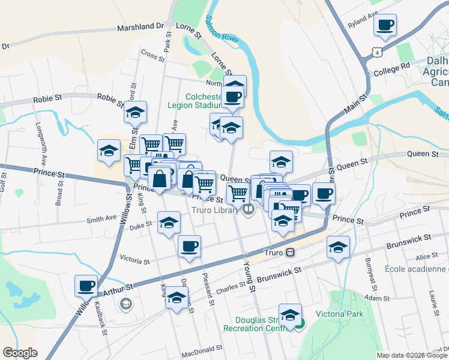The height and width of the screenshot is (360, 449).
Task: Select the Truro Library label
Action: coord(215,210)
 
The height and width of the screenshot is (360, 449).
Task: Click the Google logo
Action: coord(20,353)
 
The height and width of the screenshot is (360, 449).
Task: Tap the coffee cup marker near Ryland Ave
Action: coord(385,26)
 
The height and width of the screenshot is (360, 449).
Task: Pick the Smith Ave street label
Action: coord(101,220)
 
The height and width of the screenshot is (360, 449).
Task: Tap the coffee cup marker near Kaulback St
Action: coord(86,286)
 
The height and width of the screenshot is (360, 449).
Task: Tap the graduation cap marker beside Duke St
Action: coord(169,222)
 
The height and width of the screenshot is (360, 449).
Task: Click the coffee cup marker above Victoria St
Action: coord(189,246)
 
